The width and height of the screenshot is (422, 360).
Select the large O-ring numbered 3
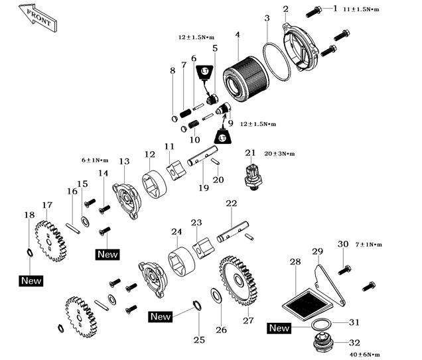pyautogui.click(x=279, y=64)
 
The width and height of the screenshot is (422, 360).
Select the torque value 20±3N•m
pyautogui.click(x=279, y=153)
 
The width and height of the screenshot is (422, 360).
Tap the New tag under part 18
pyautogui.click(x=31, y=280)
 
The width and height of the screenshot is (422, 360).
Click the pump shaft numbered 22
pyautogui.click(x=232, y=225)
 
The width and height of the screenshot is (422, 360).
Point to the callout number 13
pyautogui.click(x=124, y=162)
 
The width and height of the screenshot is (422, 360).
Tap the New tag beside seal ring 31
pyautogui.click(x=279, y=328)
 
